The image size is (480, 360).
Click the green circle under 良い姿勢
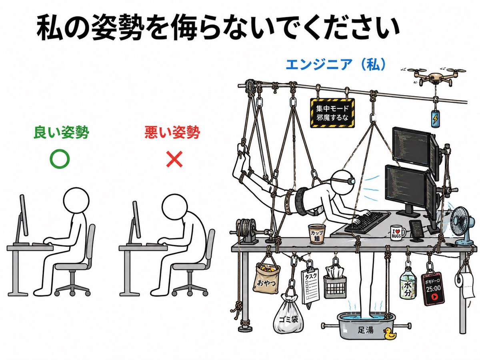(60, 159)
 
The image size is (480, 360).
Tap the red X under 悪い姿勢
(174, 160)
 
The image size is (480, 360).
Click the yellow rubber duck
(389, 334)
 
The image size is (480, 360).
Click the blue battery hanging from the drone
(435, 118)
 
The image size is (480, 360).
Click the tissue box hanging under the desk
(334, 282)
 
